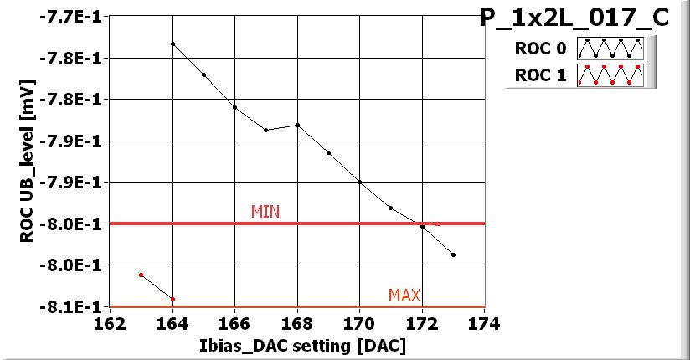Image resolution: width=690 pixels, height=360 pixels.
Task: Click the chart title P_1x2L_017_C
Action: click(574, 18)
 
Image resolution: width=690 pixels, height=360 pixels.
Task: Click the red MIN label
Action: click(265, 212)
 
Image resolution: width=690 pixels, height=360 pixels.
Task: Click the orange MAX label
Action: click(404, 295)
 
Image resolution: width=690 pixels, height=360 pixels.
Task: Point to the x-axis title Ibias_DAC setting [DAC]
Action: click(296, 345)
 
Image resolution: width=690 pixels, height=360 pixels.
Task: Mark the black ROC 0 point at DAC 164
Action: click(172, 44)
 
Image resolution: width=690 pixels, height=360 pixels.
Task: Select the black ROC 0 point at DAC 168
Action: click(297, 125)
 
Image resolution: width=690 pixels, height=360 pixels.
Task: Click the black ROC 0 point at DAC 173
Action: click(453, 255)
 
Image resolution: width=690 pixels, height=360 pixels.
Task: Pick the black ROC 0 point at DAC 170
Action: click(359, 182)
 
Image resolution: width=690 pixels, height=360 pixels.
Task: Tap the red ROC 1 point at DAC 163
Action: click(142, 275)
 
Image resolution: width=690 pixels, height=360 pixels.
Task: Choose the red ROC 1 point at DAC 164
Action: click(172, 299)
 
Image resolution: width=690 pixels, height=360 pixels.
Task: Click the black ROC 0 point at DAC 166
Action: click(234, 107)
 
